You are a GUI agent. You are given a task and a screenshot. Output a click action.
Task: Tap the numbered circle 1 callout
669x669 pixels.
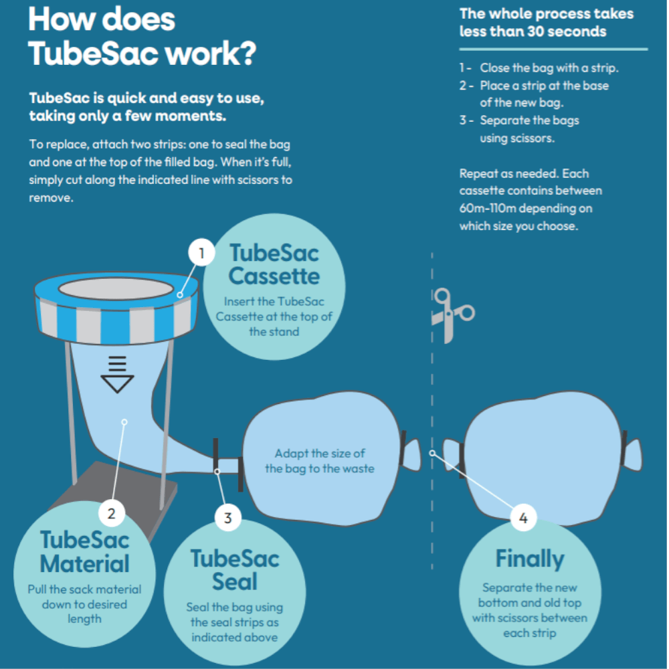[x=201, y=254]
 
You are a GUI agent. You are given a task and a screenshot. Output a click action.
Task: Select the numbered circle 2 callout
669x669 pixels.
[x=112, y=513]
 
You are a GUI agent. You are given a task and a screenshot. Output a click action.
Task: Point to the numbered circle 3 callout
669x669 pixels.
[x=228, y=517]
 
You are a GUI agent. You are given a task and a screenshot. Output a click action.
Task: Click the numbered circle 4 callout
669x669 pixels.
[x=523, y=517]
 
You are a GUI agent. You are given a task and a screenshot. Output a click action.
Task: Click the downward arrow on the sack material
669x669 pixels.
[x=117, y=375]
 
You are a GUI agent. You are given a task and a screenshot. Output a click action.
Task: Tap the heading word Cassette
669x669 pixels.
[x=274, y=276]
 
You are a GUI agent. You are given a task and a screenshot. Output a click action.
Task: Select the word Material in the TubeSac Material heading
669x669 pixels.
[x=85, y=563]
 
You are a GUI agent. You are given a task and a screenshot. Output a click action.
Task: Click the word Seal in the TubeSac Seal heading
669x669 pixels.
[x=235, y=581]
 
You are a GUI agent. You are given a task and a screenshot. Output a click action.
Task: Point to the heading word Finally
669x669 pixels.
[x=530, y=559]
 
